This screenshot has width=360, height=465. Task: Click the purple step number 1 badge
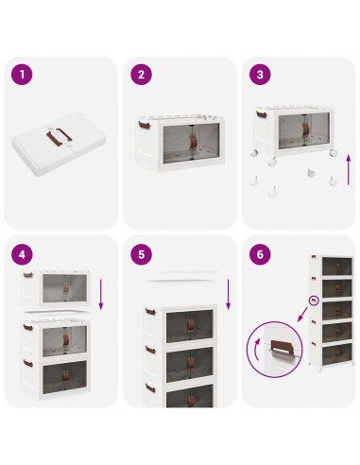[x=22, y=75]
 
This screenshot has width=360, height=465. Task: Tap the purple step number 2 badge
[x=141, y=75]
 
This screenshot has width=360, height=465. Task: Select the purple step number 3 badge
[x=260, y=75]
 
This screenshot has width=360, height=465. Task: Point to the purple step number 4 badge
[x=22, y=254]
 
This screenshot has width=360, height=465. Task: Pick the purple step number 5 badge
[x=141, y=254]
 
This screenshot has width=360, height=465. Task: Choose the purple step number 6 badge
[x=260, y=254]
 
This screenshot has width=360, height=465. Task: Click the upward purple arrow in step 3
[x=349, y=170]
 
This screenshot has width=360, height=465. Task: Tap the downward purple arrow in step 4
[x=101, y=294]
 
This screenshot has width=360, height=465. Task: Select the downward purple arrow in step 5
[x=229, y=294]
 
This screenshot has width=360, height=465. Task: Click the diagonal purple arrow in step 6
[x=302, y=315]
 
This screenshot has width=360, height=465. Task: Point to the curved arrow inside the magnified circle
[x=257, y=349]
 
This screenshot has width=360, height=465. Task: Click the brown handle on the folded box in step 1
[x=59, y=136]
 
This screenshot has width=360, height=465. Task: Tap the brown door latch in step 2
[x=193, y=143]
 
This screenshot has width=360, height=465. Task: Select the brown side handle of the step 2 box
[x=144, y=125]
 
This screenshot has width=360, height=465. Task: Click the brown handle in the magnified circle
[x=283, y=347]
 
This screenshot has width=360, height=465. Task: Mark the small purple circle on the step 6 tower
[x=314, y=301]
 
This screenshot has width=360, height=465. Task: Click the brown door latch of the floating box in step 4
[x=65, y=287]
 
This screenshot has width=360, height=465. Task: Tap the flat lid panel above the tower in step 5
[x=181, y=281]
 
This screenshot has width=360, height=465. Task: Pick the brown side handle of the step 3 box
[x=262, y=114]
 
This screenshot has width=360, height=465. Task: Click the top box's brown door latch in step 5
[x=191, y=325]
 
